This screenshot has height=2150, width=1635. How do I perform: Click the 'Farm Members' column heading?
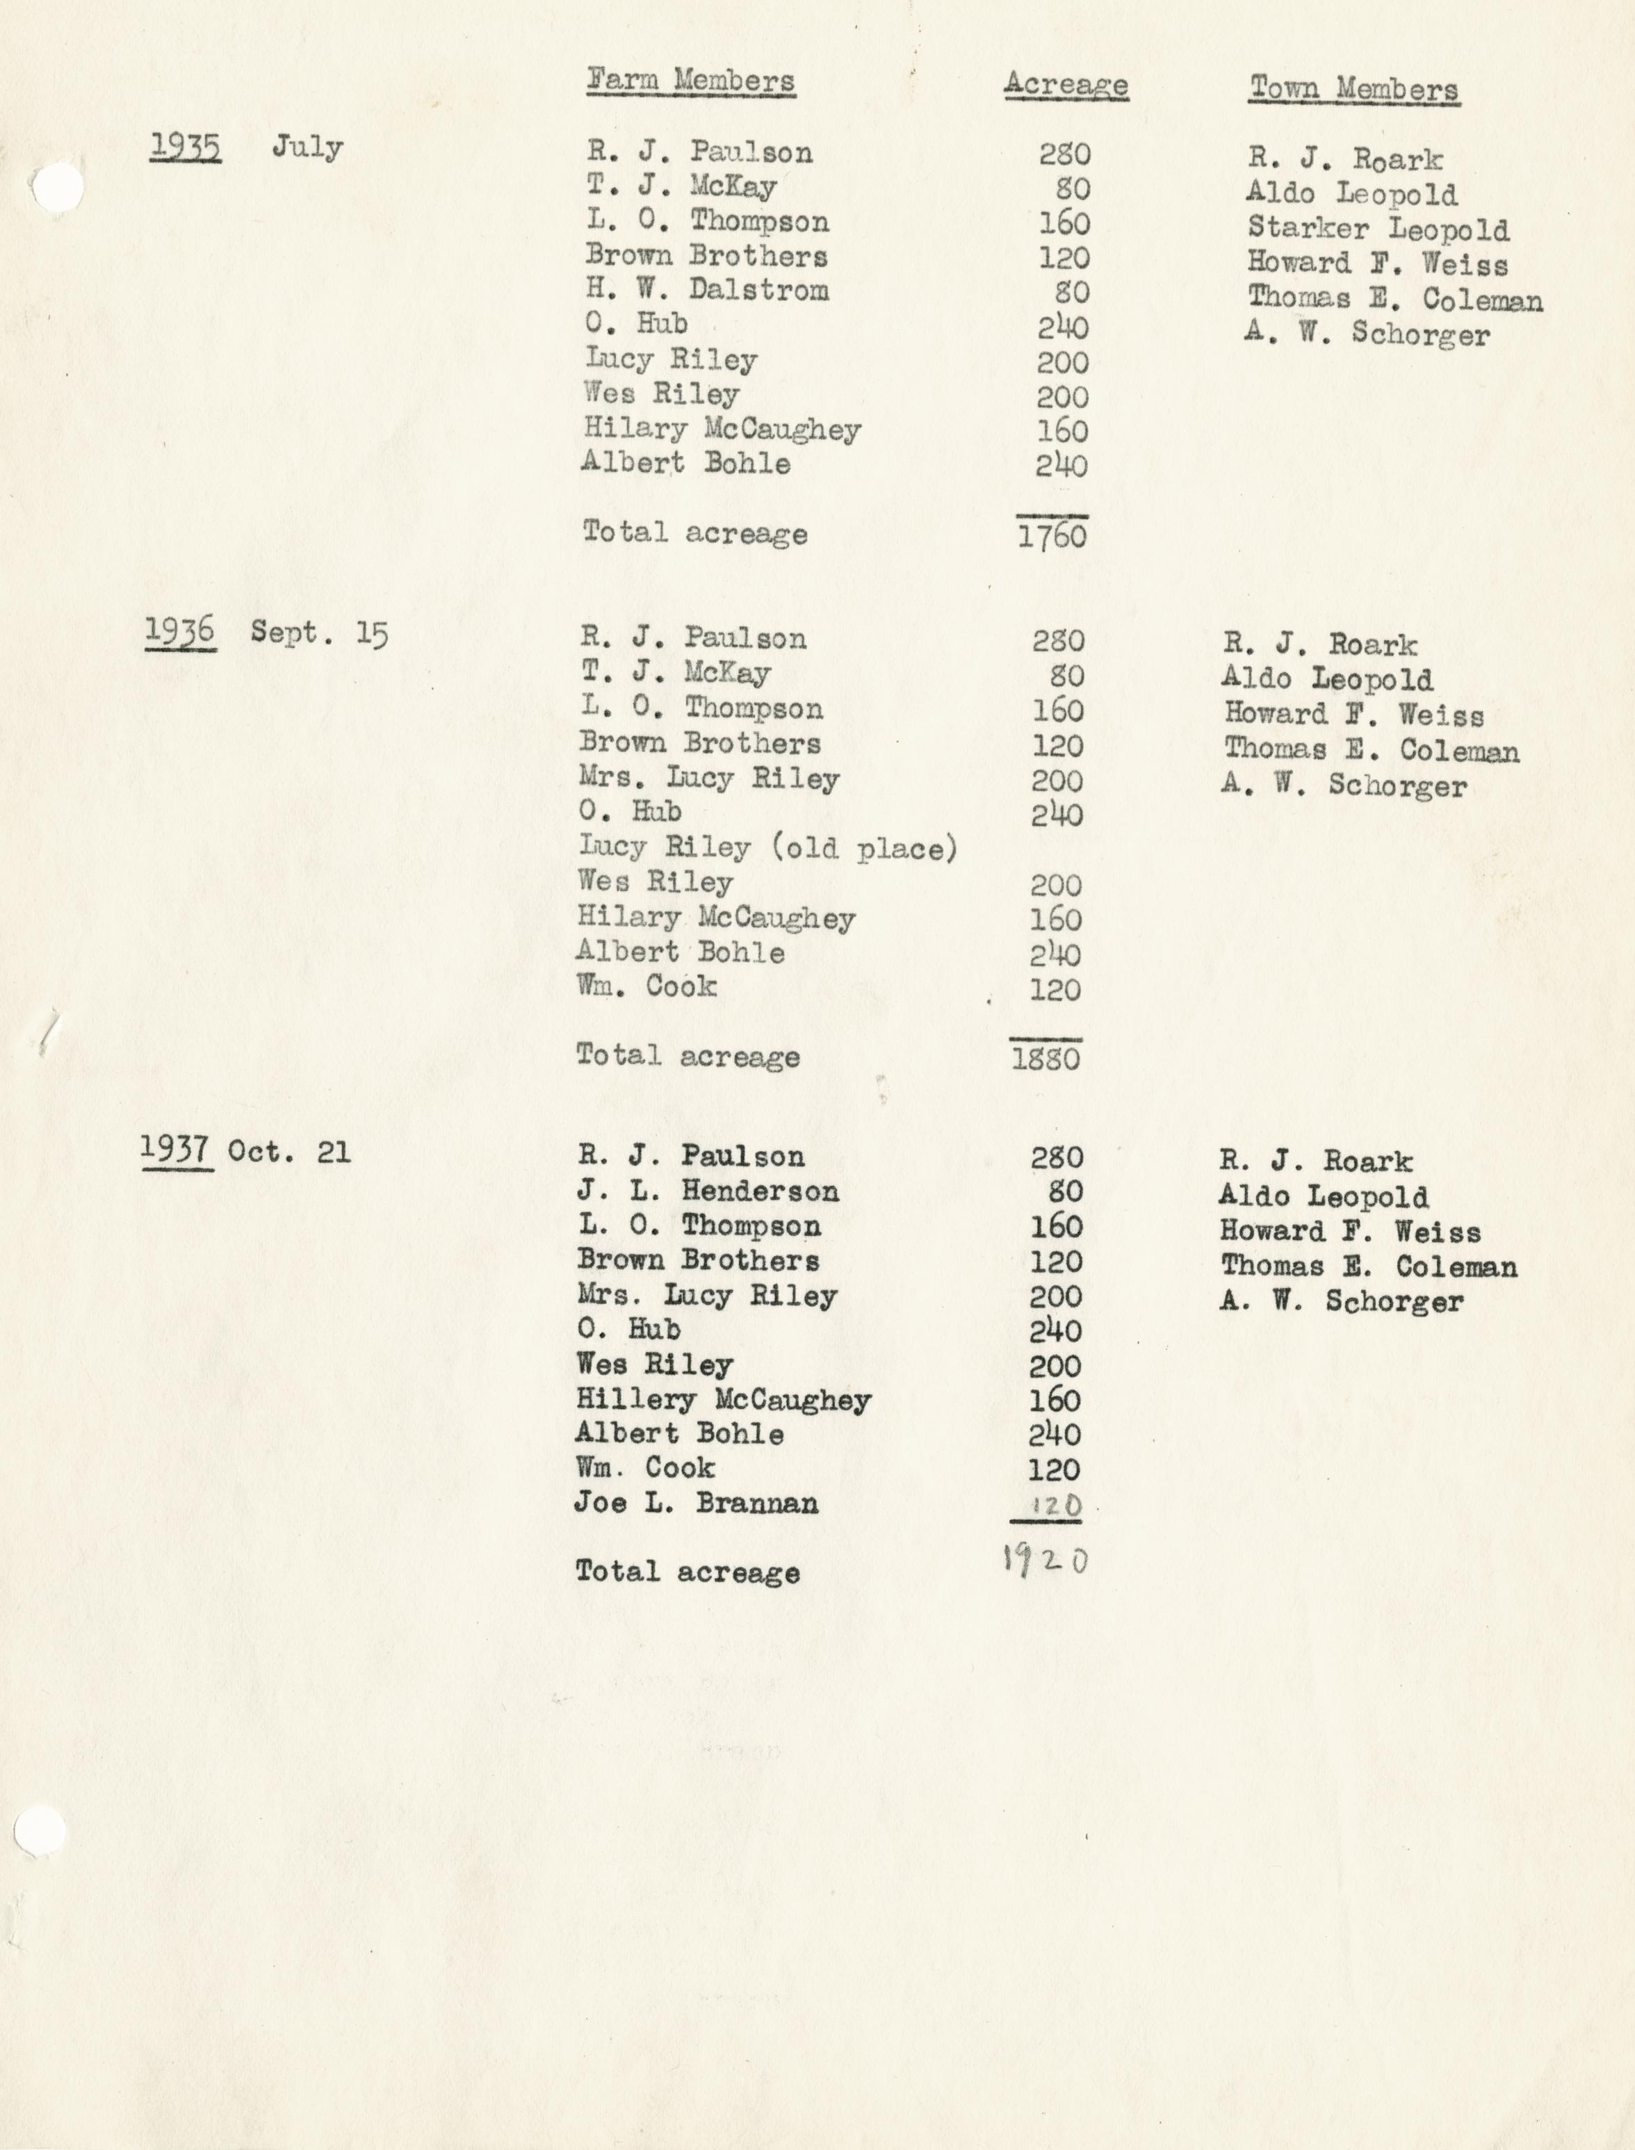point(690,81)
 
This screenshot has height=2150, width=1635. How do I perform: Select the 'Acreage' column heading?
point(1066,85)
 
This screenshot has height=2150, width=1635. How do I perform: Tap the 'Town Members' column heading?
point(1353,90)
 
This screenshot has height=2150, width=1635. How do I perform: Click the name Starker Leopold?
point(1378,229)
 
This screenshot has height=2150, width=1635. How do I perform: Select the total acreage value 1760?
point(1052,536)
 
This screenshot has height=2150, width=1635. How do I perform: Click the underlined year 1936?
point(180,633)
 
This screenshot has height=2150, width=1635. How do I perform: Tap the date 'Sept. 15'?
point(319,634)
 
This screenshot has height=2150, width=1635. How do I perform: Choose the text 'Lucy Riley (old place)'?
point(768,848)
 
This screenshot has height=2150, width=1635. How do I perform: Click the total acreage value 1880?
point(1046,1058)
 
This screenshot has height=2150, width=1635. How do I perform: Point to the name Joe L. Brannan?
point(696,1504)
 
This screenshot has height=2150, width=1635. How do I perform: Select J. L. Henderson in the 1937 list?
point(708,1190)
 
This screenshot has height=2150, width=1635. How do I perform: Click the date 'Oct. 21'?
point(289,1153)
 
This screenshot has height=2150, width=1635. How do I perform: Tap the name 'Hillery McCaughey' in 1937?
point(723,1399)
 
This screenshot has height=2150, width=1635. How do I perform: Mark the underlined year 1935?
point(185,147)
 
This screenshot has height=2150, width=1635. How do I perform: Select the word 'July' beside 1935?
point(307,148)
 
